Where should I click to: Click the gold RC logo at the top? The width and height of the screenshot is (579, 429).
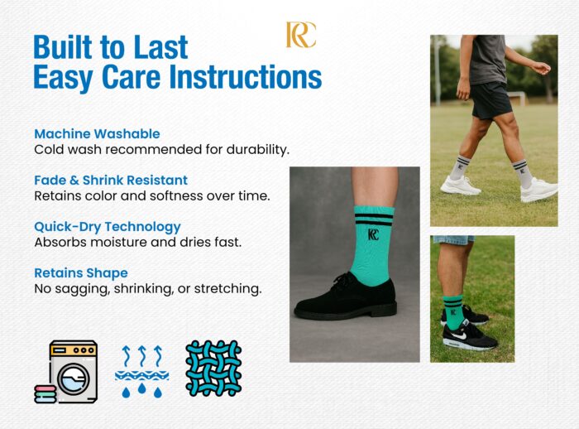[301, 35]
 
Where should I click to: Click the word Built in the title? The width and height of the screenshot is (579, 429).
[63, 47]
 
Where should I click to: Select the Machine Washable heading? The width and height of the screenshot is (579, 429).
[97, 133]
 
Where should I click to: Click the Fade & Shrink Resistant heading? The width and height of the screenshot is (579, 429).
[111, 180]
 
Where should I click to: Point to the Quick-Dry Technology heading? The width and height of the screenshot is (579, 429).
[108, 227]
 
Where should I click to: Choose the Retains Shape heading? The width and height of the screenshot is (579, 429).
[81, 273]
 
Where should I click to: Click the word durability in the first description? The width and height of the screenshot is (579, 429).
[257, 149]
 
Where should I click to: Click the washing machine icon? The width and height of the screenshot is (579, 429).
[74, 371]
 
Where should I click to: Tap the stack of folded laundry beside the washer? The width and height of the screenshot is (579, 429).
[45, 394]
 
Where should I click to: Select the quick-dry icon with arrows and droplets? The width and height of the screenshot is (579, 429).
[141, 371]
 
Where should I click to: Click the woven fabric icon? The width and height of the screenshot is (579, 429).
[213, 369]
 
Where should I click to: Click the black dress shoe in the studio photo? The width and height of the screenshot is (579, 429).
[346, 297]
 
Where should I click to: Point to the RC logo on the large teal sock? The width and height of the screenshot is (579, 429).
[373, 234]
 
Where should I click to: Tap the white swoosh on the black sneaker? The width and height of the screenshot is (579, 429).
[458, 335]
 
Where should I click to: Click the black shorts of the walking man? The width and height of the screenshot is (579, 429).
[490, 100]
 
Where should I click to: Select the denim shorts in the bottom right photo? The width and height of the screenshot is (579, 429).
[454, 240]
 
